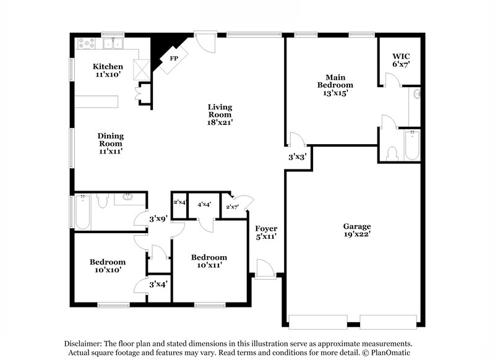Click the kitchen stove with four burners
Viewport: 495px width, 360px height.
(x=85, y=44)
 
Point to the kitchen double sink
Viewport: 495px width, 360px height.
(x=113, y=44)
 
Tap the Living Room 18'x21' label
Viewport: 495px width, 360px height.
(x=220, y=114)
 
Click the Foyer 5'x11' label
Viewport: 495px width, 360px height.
(x=266, y=232)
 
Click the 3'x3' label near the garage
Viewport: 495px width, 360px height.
(x=298, y=157)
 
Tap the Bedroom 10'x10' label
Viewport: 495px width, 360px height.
(x=108, y=265)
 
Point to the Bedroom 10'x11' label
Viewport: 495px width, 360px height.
(x=209, y=261)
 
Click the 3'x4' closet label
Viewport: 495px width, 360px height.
(x=159, y=285)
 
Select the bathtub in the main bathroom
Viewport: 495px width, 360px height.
(x=411, y=146)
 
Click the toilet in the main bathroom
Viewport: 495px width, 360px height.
(x=392, y=153)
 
